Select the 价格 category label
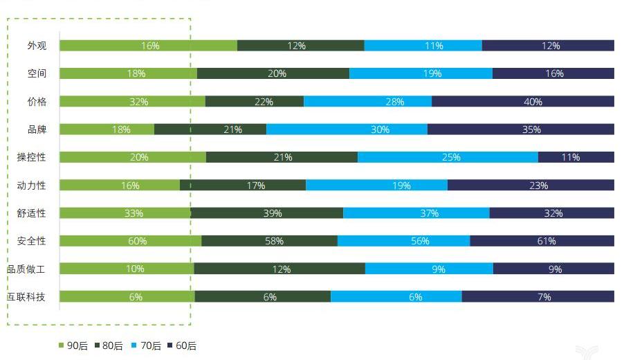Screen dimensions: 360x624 [x=37, y=102]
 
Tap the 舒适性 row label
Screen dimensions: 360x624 [x=31, y=213]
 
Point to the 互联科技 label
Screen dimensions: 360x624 [x=26, y=297]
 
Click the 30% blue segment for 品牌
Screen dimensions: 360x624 [x=347, y=129]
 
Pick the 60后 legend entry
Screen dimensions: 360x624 [x=182, y=345]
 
